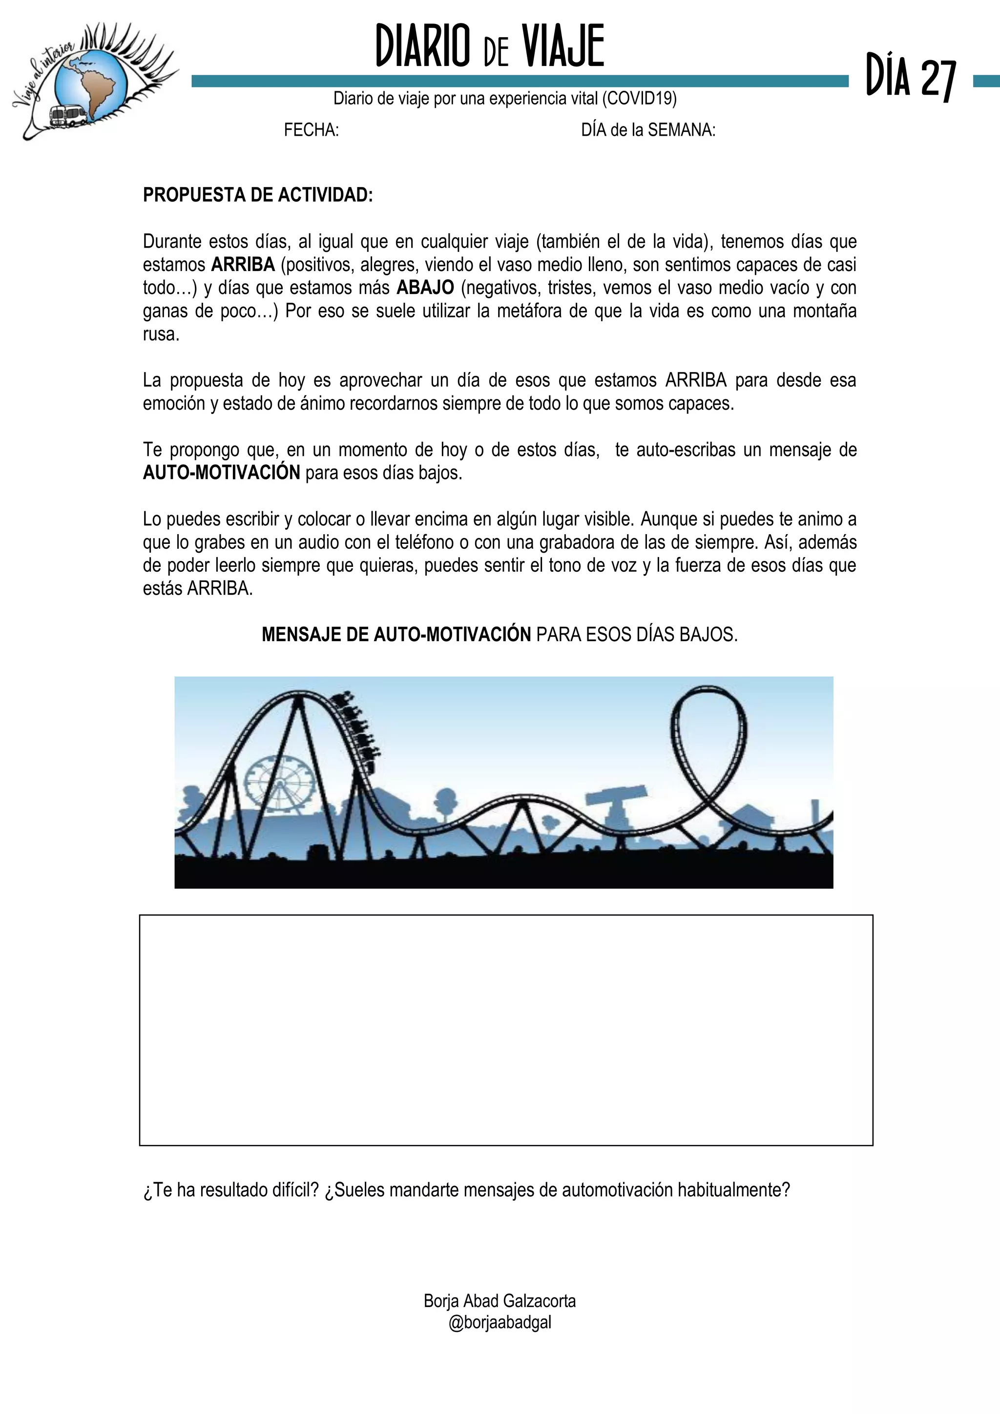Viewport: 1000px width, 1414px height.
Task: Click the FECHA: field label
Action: pyautogui.click(x=311, y=130)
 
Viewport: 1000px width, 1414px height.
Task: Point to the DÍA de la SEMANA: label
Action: pyautogui.click(x=648, y=130)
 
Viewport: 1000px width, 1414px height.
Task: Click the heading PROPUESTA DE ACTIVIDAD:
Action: pyautogui.click(x=257, y=195)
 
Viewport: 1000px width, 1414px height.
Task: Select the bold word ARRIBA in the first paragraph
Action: pyautogui.click(x=243, y=265)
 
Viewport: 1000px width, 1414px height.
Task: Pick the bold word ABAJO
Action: pyautogui.click(x=425, y=288)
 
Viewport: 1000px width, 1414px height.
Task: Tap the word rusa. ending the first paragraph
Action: pyautogui.click(x=161, y=334)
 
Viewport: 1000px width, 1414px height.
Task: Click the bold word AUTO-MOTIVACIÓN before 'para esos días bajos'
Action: pyautogui.click(x=221, y=473)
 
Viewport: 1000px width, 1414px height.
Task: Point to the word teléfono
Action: pyautogui.click(x=424, y=542)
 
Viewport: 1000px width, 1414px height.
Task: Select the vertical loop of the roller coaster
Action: pyautogui.click(x=708, y=739)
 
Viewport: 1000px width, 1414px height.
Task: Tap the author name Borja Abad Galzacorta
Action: pyautogui.click(x=500, y=1301)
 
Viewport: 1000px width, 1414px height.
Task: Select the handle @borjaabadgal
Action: pyautogui.click(x=500, y=1322)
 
